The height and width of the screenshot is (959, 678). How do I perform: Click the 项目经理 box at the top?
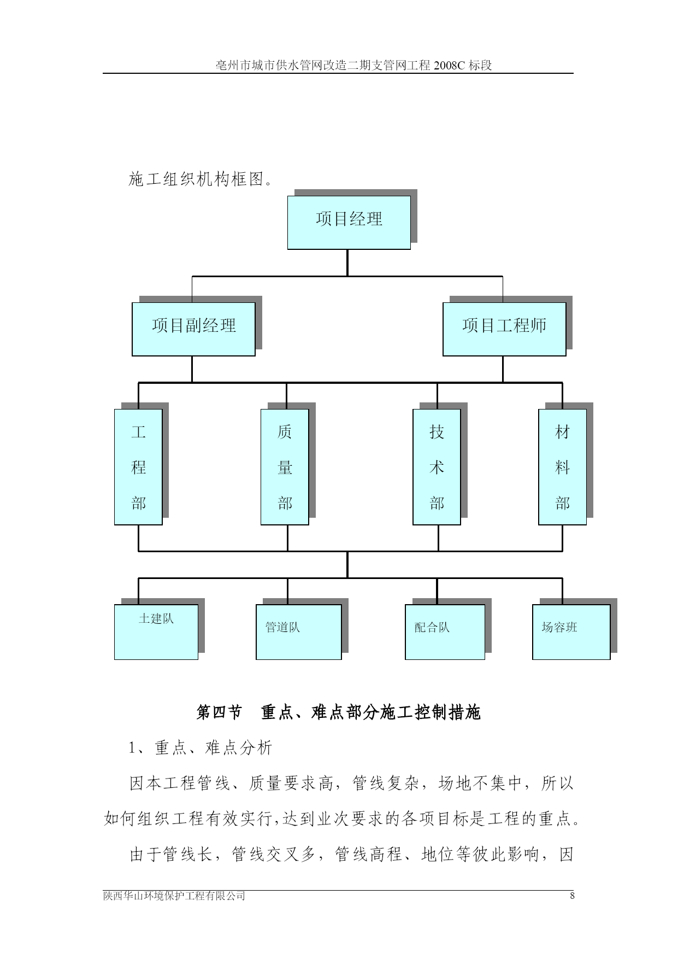(x=349, y=223)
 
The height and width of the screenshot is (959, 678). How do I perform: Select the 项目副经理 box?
(x=193, y=329)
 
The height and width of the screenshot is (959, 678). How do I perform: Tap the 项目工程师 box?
(x=504, y=329)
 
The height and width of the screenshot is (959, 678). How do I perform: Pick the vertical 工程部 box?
(x=138, y=467)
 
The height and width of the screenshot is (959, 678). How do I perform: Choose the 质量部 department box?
(x=285, y=467)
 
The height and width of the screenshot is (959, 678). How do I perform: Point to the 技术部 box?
(x=437, y=467)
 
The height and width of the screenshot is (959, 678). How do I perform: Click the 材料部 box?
(x=562, y=467)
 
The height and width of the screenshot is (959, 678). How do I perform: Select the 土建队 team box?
(x=156, y=632)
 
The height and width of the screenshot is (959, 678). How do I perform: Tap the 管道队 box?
(x=299, y=632)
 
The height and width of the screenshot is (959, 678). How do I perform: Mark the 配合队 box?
(x=445, y=632)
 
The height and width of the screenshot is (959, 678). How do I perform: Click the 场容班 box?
(x=571, y=632)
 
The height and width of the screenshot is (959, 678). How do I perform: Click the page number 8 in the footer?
(x=572, y=896)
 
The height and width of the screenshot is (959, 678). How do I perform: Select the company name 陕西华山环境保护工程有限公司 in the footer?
(x=174, y=896)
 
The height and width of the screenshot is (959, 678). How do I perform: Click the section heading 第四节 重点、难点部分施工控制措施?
(x=338, y=712)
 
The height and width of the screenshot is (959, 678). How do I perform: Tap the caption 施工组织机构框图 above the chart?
(x=197, y=179)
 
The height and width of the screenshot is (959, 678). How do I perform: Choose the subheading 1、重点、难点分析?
(x=200, y=748)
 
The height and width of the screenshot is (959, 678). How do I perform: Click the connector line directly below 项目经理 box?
(x=347, y=263)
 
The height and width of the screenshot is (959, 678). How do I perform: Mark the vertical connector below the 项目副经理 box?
(x=192, y=369)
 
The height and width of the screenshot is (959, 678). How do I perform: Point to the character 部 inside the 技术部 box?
(x=437, y=502)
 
